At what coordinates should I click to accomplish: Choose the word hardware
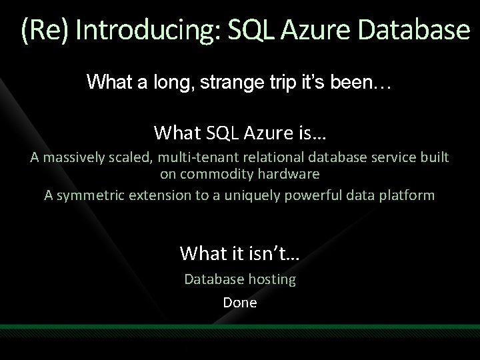[289, 175]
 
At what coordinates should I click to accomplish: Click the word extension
[157, 195]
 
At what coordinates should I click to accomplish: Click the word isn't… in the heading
[273, 253]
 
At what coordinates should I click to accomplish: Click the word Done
[240, 301]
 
